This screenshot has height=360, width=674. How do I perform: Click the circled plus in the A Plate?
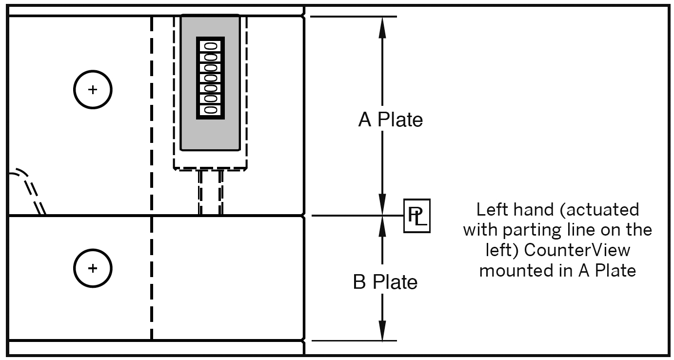pos(93,90)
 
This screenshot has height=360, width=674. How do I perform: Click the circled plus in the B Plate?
pos(93,268)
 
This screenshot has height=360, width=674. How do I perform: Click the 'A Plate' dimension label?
pos(391,120)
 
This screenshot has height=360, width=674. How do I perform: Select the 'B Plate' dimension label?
pos(385,282)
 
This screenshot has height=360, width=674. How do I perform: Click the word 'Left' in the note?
pos(491,210)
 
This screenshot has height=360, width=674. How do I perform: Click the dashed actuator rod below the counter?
pos(211,193)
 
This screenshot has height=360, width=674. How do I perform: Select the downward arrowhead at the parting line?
pos(382,205)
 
